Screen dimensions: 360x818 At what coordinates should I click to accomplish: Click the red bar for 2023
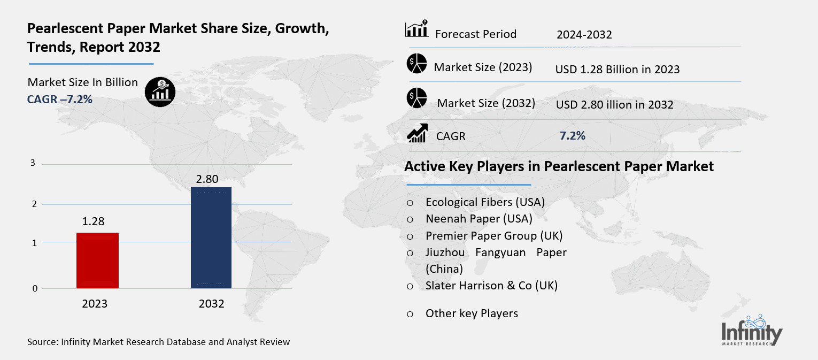click(x=97, y=261)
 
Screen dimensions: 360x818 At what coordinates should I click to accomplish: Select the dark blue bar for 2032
click(x=211, y=238)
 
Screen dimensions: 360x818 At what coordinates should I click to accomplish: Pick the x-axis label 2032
click(x=211, y=304)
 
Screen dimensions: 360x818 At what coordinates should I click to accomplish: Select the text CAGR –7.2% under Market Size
click(x=60, y=99)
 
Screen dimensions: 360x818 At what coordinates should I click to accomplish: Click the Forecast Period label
click(x=476, y=34)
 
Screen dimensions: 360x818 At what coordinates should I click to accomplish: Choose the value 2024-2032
click(x=584, y=35)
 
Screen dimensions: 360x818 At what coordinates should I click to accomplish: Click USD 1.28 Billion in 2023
click(x=617, y=69)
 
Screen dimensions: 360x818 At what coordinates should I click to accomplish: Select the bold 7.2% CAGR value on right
click(x=572, y=136)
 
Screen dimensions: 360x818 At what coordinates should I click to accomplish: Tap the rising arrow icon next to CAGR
click(x=417, y=133)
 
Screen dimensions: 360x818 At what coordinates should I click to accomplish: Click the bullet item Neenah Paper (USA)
click(x=479, y=218)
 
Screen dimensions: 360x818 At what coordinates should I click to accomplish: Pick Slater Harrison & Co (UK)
click(x=491, y=286)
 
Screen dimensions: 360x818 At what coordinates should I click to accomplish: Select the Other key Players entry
click(x=472, y=313)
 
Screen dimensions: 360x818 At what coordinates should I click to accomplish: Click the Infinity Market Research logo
click(x=752, y=331)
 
